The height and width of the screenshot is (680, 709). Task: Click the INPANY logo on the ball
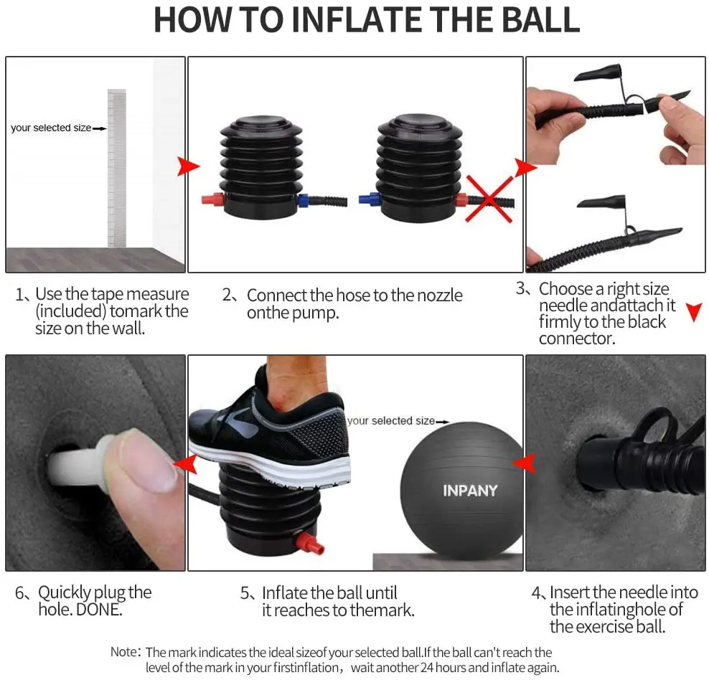[x=470, y=490]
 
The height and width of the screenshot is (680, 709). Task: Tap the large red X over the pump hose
[x=489, y=199]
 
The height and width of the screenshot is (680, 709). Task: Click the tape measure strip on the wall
[x=117, y=168]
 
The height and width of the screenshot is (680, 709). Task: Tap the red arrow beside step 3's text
[x=694, y=312]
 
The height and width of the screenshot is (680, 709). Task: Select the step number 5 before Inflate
[x=245, y=592]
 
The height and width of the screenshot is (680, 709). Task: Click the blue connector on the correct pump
[x=304, y=200]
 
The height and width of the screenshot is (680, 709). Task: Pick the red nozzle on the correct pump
[x=213, y=199]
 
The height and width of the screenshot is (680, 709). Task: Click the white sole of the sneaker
[x=271, y=466]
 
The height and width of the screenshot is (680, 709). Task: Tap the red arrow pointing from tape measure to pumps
[x=188, y=166]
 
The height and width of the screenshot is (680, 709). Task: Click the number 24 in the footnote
[x=427, y=667]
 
